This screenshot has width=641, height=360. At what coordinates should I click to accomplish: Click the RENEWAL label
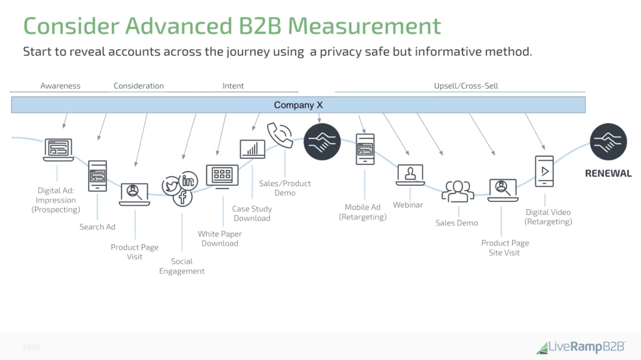[x=608, y=173]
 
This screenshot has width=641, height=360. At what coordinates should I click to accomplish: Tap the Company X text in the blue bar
[x=298, y=105]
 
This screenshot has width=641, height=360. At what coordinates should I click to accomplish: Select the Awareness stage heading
[x=60, y=85]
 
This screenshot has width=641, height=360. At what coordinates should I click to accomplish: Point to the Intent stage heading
[x=233, y=85]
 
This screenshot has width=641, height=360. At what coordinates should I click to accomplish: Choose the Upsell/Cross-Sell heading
[x=466, y=85]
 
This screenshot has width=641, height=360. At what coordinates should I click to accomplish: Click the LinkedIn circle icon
[x=188, y=181]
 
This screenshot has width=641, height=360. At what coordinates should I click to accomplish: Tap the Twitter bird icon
[x=171, y=186]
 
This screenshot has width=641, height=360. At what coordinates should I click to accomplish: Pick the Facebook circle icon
[x=183, y=198]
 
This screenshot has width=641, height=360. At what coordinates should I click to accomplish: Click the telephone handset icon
[x=280, y=135]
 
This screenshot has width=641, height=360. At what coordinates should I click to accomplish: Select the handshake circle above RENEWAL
[x=608, y=142]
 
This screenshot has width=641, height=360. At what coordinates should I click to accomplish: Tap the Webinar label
[x=408, y=205]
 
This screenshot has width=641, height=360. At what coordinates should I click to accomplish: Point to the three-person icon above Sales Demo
[x=458, y=191]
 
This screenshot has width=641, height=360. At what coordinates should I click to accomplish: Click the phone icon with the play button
[x=544, y=171]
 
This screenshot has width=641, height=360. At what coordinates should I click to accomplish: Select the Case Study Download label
[x=252, y=213]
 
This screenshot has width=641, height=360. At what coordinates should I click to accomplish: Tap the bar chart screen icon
[x=252, y=149]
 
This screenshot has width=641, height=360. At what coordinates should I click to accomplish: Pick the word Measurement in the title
[x=364, y=26]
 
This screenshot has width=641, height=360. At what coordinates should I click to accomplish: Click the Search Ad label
[x=97, y=227]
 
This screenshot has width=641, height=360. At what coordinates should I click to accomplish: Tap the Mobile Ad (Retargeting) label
[x=362, y=212]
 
